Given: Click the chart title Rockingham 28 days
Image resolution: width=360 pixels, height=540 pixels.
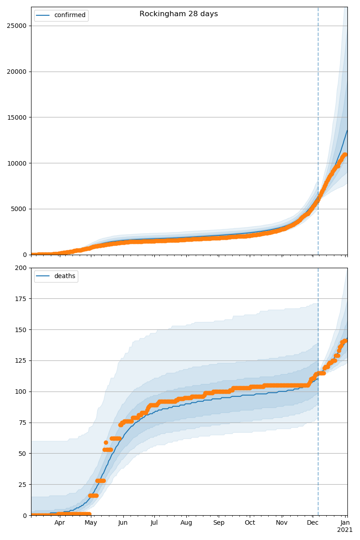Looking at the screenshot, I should (179, 14).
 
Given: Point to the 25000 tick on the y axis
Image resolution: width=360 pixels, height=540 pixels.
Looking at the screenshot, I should (17, 26).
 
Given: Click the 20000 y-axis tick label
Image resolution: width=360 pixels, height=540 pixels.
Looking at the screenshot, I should (17, 72).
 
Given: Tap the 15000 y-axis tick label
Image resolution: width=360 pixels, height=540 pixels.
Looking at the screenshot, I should (17, 117).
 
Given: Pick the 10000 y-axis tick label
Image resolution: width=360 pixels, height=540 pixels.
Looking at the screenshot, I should (17, 163).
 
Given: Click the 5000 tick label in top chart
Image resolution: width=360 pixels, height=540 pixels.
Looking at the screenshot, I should (18, 209).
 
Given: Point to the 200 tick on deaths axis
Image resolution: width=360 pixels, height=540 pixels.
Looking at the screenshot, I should (21, 268).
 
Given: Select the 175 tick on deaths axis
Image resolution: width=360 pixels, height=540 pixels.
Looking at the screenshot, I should (21, 299).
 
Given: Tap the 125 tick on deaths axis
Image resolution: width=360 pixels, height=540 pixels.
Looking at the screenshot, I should (21, 361).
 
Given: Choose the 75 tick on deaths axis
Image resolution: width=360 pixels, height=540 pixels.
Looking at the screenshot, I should (22, 423).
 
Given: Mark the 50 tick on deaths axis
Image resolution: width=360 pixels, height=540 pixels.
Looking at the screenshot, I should (22, 454).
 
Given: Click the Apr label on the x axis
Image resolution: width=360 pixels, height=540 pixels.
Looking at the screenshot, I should (60, 523).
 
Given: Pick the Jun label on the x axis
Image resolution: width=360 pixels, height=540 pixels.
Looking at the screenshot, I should (123, 523).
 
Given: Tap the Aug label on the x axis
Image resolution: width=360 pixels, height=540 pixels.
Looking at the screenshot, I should (186, 523).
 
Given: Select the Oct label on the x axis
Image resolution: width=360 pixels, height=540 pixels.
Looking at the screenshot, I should (250, 523).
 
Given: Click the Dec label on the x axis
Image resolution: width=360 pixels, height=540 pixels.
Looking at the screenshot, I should (313, 523).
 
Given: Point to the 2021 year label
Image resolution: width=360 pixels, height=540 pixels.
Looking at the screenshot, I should (345, 530).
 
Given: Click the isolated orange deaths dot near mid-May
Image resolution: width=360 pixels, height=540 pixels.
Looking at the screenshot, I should (106, 442).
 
